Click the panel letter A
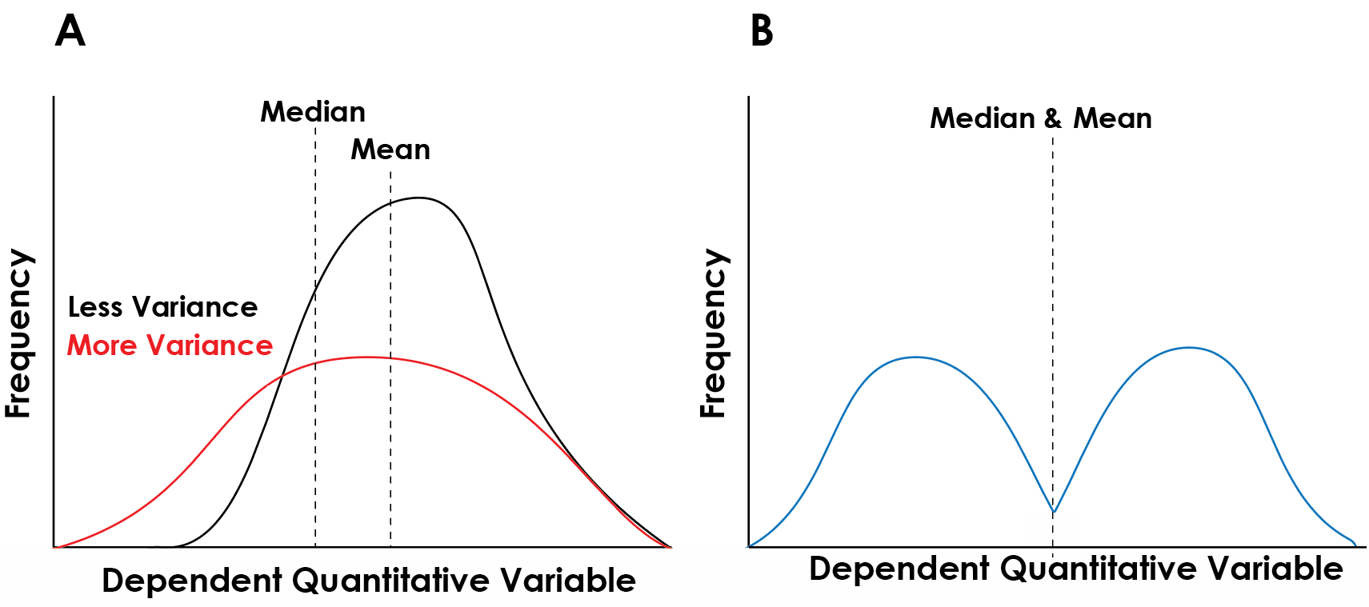(x=70, y=31)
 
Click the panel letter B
(x=762, y=31)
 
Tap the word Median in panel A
(x=313, y=112)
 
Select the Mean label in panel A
(x=390, y=150)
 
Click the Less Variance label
(x=162, y=307)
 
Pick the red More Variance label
(x=170, y=345)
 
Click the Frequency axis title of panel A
(x=18, y=333)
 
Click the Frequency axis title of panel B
(x=713, y=333)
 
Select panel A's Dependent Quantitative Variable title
(x=368, y=581)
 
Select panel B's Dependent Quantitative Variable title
(x=1075, y=569)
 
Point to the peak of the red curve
(x=366, y=357)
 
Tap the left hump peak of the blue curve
(x=915, y=357)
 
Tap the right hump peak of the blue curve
(x=1189, y=347)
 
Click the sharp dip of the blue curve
(x=1054, y=511)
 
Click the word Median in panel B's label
(x=983, y=118)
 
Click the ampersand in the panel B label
(x=1053, y=118)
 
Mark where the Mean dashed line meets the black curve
(x=390, y=203)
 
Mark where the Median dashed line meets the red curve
(x=315, y=364)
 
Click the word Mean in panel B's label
(x=1112, y=118)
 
